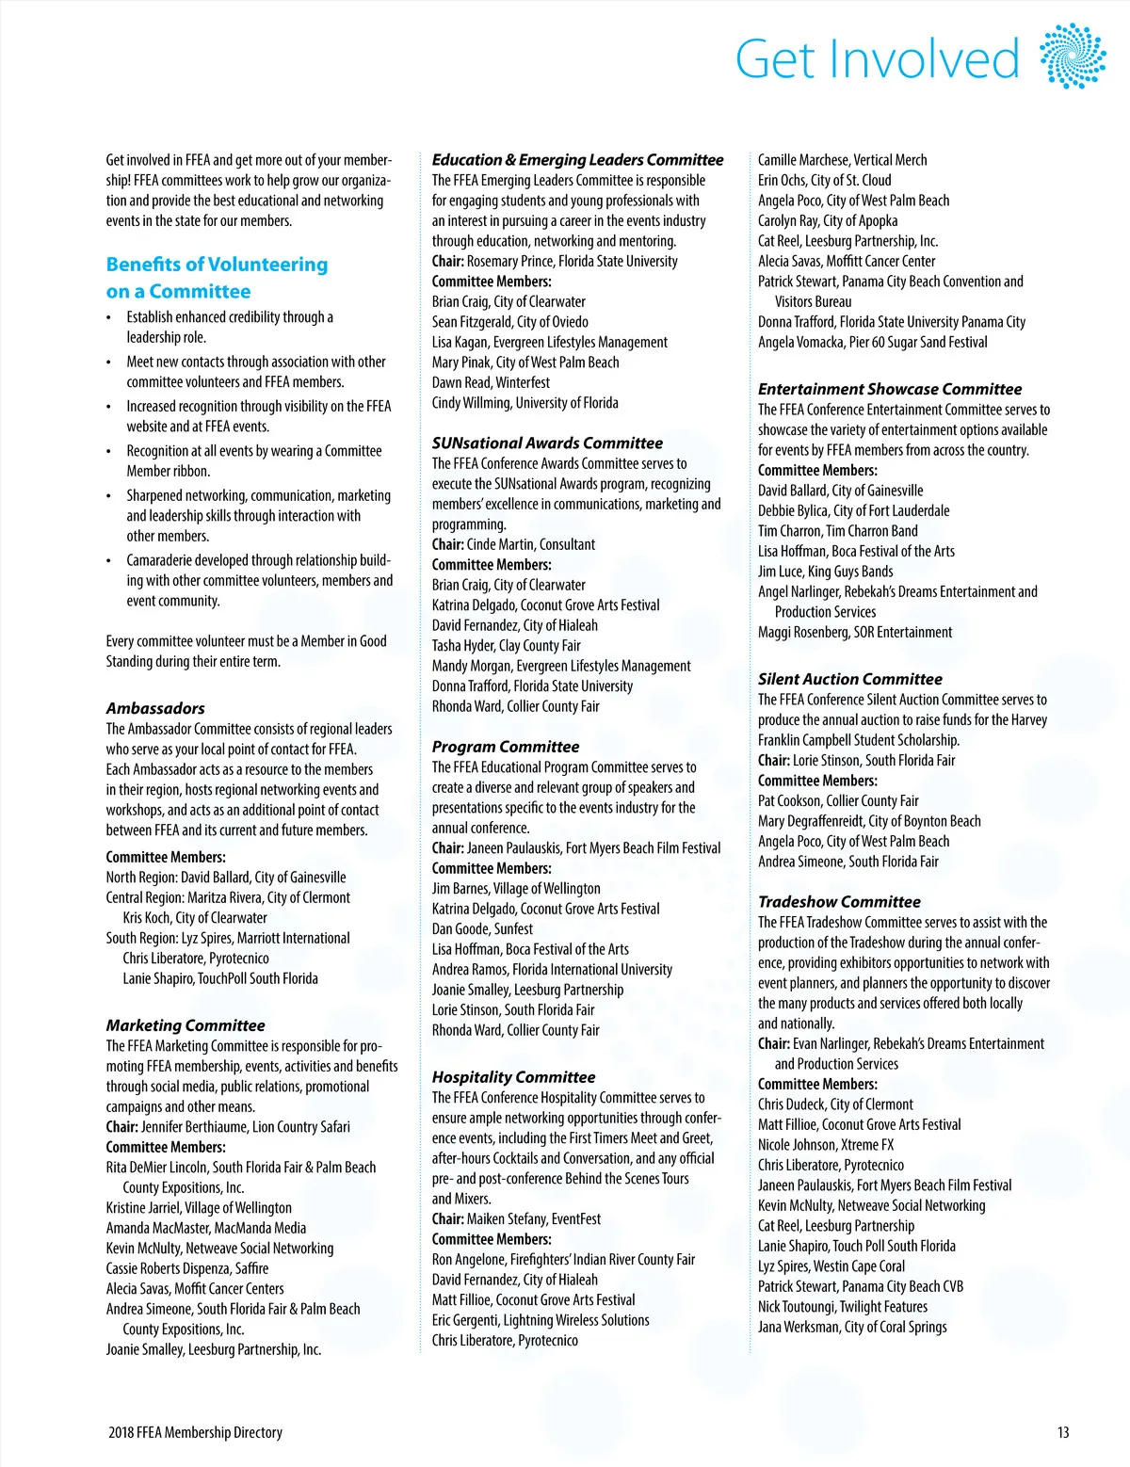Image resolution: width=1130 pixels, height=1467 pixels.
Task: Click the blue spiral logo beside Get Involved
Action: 1073,56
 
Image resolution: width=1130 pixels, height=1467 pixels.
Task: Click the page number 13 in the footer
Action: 1063,1432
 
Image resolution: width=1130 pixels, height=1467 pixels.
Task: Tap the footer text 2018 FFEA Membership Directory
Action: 195,1432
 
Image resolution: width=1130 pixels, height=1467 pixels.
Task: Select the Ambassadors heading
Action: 155,708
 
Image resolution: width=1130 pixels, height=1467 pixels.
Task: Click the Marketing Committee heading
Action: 186,1025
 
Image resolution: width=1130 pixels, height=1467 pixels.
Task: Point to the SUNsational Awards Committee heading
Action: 547,443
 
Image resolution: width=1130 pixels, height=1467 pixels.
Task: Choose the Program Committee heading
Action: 506,747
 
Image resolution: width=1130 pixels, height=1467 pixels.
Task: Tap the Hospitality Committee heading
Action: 513,1077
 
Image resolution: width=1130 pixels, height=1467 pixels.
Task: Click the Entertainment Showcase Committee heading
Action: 890,389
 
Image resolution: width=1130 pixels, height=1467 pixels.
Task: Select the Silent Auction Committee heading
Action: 849,679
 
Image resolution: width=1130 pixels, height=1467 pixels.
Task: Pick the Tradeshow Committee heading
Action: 839,902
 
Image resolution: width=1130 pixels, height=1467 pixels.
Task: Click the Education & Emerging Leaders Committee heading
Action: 577,160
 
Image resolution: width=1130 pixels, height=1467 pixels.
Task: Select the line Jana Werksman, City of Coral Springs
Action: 852,1327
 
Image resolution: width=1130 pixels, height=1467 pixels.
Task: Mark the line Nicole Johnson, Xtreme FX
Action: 826,1145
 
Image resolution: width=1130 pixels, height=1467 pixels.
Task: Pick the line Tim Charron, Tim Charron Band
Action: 837,531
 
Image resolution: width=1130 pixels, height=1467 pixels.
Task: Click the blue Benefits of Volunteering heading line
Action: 217,265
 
